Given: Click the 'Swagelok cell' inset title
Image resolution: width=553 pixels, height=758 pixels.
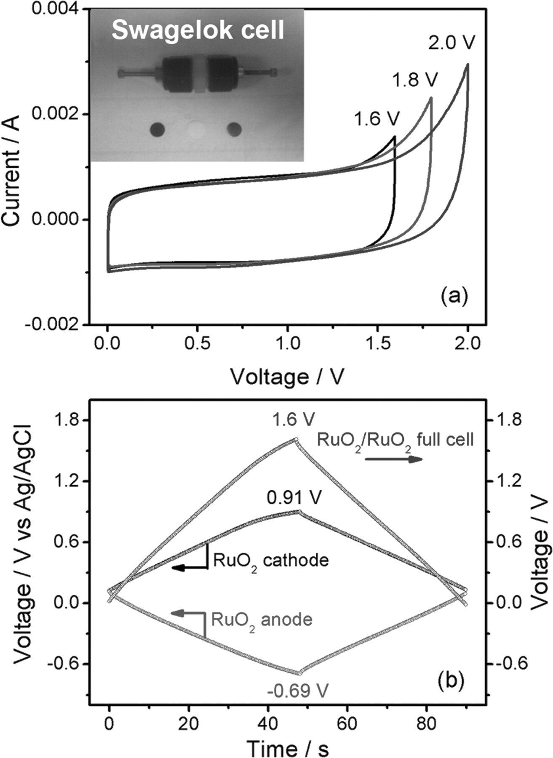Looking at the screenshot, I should click(x=198, y=30).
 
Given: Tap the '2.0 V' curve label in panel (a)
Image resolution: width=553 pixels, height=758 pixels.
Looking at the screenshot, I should click(x=451, y=43).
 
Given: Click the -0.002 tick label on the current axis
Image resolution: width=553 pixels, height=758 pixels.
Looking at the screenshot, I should click(x=54, y=324).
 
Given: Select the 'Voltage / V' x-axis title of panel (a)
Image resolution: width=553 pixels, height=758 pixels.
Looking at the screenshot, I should click(x=288, y=377).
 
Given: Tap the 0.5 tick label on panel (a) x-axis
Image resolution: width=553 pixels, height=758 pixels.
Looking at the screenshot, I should click(x=198, y=344).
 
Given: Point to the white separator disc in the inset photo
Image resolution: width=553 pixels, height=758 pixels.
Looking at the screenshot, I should click(x=197, y=129).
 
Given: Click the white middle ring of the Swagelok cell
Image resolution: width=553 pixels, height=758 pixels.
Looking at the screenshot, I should click(x=198, y=74).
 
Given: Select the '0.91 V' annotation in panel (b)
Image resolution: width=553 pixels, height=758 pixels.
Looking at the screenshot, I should click(x=294, y=498).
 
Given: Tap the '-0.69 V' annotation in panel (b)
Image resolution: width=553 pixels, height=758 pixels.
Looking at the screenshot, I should click(x=297, y=691).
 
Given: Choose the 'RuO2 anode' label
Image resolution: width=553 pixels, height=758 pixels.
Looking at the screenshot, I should click(x=262, y=620).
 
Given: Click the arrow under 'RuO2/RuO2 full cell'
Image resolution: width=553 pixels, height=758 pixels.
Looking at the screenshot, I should click(x=393, y=459).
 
